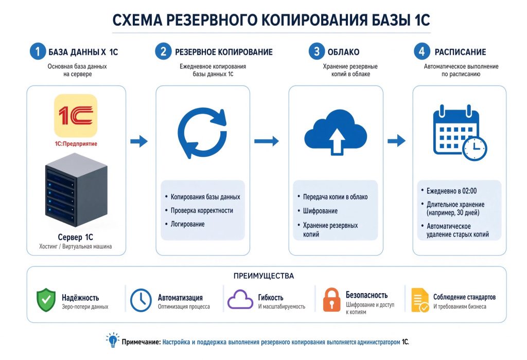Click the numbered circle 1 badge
click(x=38, y=51)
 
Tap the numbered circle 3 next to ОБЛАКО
click(x=317, y=51)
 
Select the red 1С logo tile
click(x=76, y=116)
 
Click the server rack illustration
click(x=76, y=190)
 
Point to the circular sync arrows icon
click(x=202, y=133)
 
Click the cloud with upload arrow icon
click(x=336, y=132)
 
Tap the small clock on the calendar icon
click(x=475, y=149)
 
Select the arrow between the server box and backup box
click(x=139, y=141)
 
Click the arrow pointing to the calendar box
click(x=397, y=140)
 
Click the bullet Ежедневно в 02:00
click(x=451, y=191)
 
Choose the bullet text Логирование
click(x=187, y=224)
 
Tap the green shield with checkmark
click(x=46, y=299)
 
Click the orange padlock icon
click(x=331, y=299)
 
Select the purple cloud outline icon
click(x=240, y=299)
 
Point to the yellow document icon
click(x=420, y=300)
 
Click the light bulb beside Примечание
click(x=113, y=340)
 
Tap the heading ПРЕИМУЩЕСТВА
click(x=264, y=276)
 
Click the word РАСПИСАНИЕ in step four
click(x=461, y=52)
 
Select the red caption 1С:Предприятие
click(x=76, y=143)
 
